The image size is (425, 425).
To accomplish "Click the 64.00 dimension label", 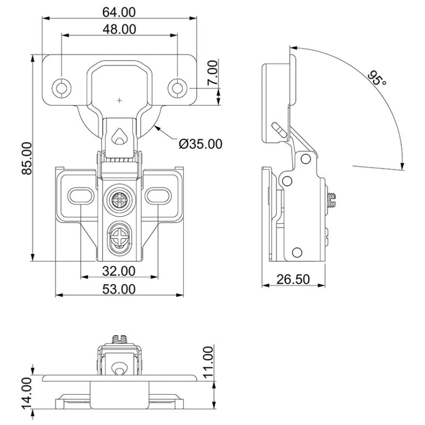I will click(120, 11).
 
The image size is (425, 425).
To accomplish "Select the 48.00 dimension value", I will click(120, 29).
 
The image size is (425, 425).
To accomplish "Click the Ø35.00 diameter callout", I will click(200, 143).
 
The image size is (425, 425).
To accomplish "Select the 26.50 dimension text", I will click(293, 279).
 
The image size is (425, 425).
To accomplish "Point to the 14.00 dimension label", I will click(24, 392).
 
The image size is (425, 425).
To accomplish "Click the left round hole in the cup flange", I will click(62, 87).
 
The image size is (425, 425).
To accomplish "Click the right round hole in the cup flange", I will click(177, 87).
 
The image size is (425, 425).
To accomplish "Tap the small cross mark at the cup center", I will click(120, 99).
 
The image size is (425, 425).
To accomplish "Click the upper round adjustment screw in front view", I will click(119, 200).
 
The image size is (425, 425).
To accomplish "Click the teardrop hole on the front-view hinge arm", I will click(120, 137).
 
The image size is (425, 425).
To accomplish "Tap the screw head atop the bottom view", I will click(120, 337).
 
